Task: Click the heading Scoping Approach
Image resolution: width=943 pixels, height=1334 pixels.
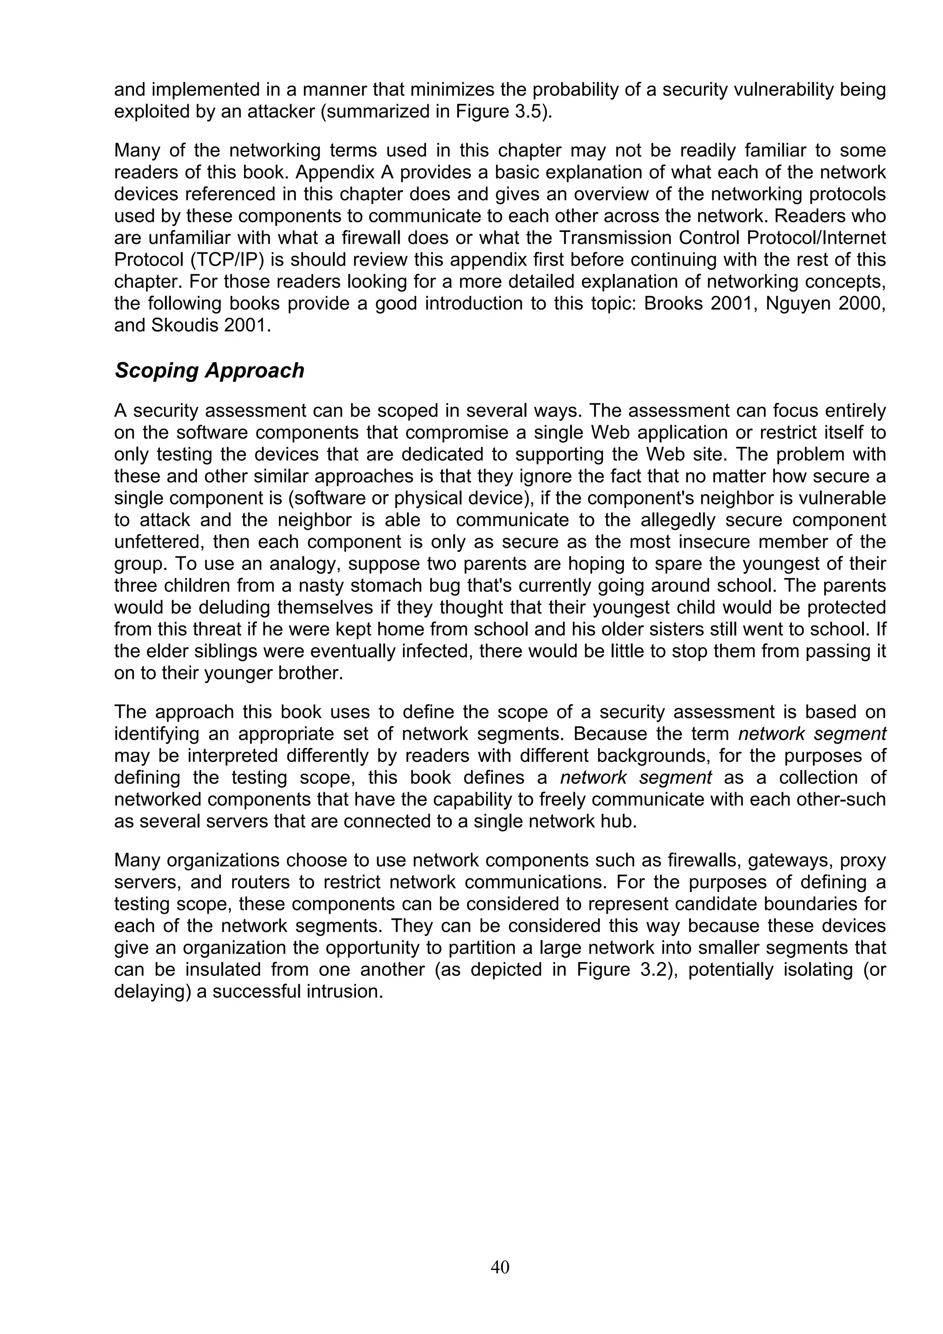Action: click(x=209, y=371)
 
